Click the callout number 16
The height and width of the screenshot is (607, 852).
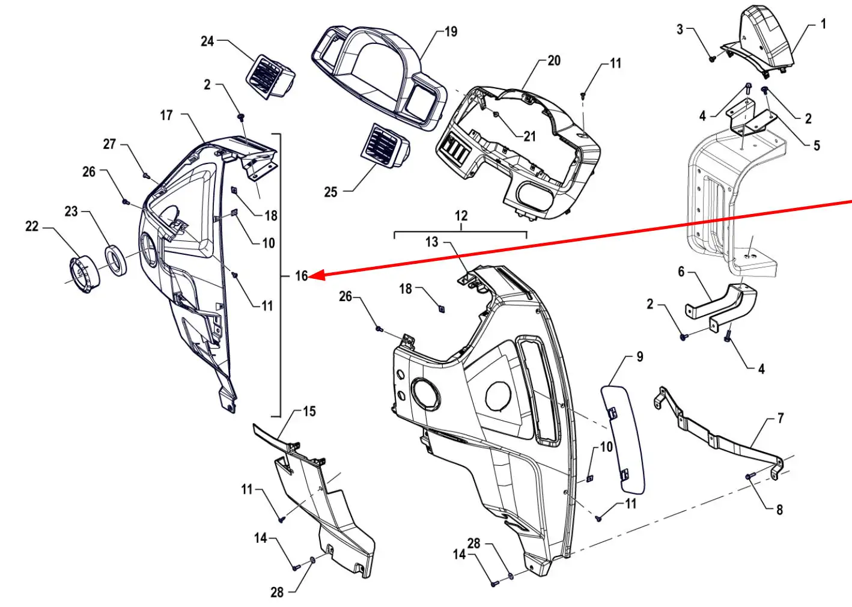(x=301, y=276)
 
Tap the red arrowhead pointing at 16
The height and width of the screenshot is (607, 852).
(x=318, y=275)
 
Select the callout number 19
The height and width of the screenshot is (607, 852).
(x=451, y=32)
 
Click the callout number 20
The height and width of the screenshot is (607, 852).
(x=554, y=61)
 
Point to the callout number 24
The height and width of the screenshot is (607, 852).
(x=207, y=41)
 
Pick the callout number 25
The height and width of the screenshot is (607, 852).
(x=330, y=192)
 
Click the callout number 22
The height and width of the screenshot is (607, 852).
(x=32, y=227)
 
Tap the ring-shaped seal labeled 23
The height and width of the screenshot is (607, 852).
(x=115, y=260)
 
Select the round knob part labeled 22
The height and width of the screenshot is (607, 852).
(x=84, y=275)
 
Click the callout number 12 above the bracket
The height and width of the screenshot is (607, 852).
(x=461, y=216)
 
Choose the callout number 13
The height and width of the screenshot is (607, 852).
(x=431, y=242)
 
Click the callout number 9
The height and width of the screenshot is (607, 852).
(x=640, y=356)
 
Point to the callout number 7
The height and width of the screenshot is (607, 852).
(x=781, y=419)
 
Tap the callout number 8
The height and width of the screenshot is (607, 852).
(x=779, y=510)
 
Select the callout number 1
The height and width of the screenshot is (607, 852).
(x=823, y=25)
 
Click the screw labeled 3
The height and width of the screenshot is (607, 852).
(x=713, y=59)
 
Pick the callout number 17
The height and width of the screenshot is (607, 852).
(x=166, y=115)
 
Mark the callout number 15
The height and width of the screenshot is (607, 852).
(x=309, y=412)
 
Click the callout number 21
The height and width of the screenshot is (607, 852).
(x=529, y=136)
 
